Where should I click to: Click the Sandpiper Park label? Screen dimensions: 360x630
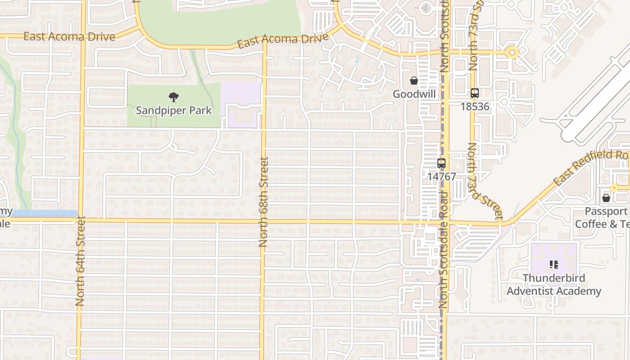[x=174, y=110]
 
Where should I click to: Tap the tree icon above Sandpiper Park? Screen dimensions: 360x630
[x=173, y=97]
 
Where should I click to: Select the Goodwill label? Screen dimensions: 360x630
[x=414, y=94]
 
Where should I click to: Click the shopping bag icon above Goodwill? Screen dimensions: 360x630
[x=414, y=81]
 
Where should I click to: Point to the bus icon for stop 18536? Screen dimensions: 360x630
[x=474, y=93]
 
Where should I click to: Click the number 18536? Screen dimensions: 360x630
[x=474, y=107]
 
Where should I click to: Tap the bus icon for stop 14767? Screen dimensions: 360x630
[x=441, y=163]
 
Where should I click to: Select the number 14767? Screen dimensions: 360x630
[x=441, y=177]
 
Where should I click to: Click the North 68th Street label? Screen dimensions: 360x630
[x=263, y=202]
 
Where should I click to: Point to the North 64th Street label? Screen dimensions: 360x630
[x=80, y=261]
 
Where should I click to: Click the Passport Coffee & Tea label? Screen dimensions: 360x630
[x=603, y=217]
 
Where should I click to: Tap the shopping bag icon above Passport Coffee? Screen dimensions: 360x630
[x=606, y=198]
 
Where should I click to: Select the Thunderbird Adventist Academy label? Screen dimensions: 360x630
[x=553, y=284]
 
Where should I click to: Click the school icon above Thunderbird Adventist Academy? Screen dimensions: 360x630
[x=553, y=265]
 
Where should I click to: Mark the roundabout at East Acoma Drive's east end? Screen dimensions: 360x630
[x=512, y=53]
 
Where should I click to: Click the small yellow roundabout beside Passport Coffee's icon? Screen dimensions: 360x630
[x=614, y=188]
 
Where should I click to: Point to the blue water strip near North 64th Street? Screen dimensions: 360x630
[x=45, y=213]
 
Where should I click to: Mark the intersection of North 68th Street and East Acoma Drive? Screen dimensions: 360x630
[x=264, y=46]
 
